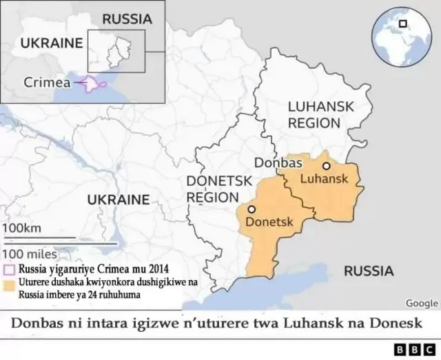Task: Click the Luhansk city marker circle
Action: tap(327, 166)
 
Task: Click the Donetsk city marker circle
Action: tap(252, 209)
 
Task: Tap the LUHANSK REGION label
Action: tap(314, 115)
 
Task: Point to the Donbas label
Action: tap(278, 163)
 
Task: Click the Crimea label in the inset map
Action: tap(48, 82)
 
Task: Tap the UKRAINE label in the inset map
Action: tap(52, 43)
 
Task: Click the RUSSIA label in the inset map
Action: tap(127, 19)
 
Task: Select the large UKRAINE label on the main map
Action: tap(118, 200)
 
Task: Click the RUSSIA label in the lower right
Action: tap(369, 271)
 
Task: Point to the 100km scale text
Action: tap(22, 228)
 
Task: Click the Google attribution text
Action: tap(422, 303)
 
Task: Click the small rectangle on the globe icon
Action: tap(403, 23)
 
